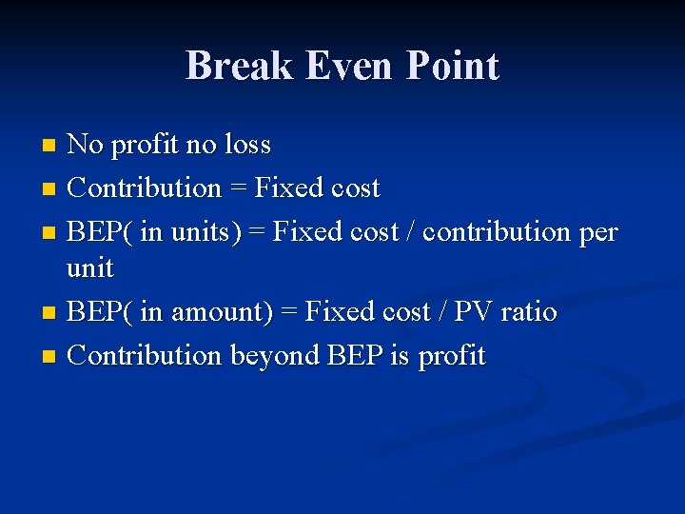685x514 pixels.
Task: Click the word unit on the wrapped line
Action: click(x=90, y=268)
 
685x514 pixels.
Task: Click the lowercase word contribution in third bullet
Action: click(x=496, y=231)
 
